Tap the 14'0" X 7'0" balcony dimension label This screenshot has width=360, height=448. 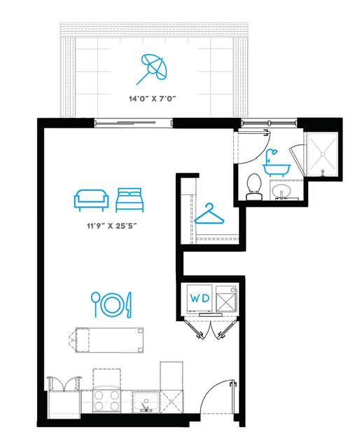(152, 99)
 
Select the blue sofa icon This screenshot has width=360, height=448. (91, 200)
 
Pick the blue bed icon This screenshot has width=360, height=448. (130, 200)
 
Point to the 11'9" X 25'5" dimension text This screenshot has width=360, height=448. (112, 226)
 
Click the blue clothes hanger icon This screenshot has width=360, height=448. (209, 214)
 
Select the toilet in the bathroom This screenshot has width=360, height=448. (254, 187)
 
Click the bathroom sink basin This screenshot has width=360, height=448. (282, 191)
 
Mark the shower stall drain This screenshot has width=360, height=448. (322, 154)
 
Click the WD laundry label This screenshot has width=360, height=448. (200, 299)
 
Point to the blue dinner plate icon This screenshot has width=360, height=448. (113, 305)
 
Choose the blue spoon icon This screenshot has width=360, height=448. (95, 304)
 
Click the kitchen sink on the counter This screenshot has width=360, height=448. (146, 402)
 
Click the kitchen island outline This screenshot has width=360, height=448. (109, 340)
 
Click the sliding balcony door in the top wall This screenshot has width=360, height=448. (134, 123)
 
